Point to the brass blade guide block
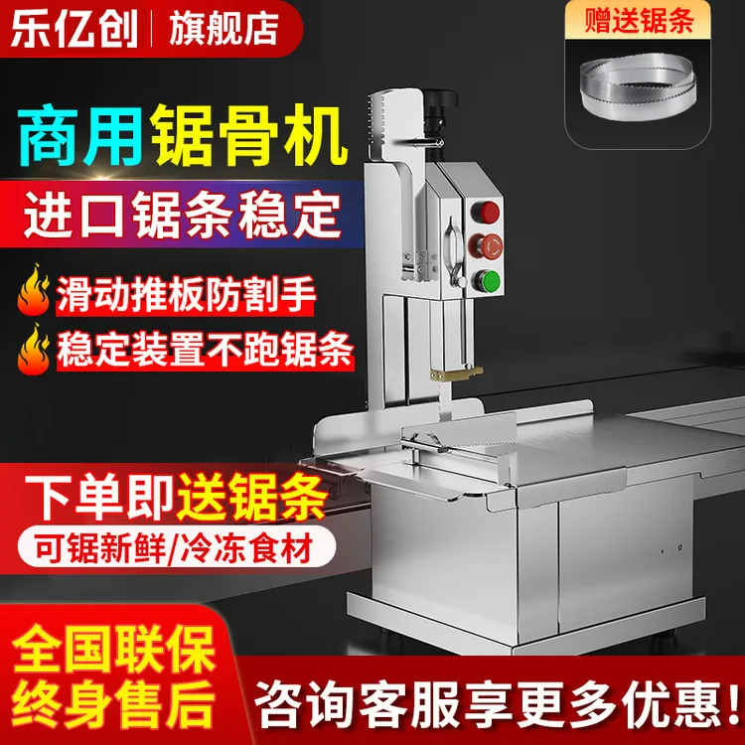(454, 375)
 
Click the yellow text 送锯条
(254, 494)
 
